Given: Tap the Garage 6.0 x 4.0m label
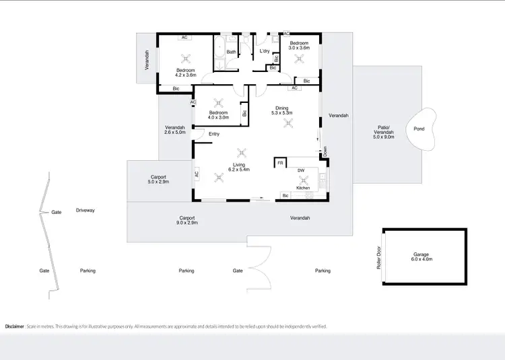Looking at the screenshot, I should coord(422,256).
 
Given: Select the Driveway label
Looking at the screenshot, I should coord(86,210).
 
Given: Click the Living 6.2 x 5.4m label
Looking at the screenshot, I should coord(239,168).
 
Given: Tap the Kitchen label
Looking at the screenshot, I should coord(303,188).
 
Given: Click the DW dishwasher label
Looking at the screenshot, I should coord(300,171).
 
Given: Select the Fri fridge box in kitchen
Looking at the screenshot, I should coord(281,162).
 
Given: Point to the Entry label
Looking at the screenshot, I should coord(214,134).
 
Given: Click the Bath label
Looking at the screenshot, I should coord(231,52).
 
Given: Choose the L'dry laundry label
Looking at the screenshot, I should coord(265,51).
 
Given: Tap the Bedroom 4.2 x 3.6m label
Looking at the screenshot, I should coord(186,73).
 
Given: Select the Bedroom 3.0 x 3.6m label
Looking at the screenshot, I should coord(299,45).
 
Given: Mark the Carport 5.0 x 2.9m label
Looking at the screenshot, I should coord(158,180).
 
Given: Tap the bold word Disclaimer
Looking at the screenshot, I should coord(15,326).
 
